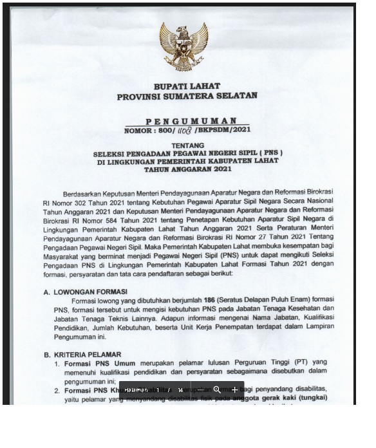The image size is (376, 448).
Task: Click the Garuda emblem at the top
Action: pos(184,45)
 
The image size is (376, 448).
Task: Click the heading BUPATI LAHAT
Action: pos(187,86)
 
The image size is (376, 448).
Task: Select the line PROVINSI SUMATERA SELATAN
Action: pos(187,96)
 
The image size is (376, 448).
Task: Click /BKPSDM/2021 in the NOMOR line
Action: pos(222,130)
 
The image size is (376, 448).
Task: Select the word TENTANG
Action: pos(188,145)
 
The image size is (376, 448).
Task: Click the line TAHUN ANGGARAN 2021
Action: pos(187,169)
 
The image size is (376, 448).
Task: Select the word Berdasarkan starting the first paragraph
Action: pos(84,193)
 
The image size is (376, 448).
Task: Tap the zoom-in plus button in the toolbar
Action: pos(234,389)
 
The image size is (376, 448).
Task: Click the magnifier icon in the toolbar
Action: pos(217,389)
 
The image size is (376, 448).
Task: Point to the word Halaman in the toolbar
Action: pos(136,390)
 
